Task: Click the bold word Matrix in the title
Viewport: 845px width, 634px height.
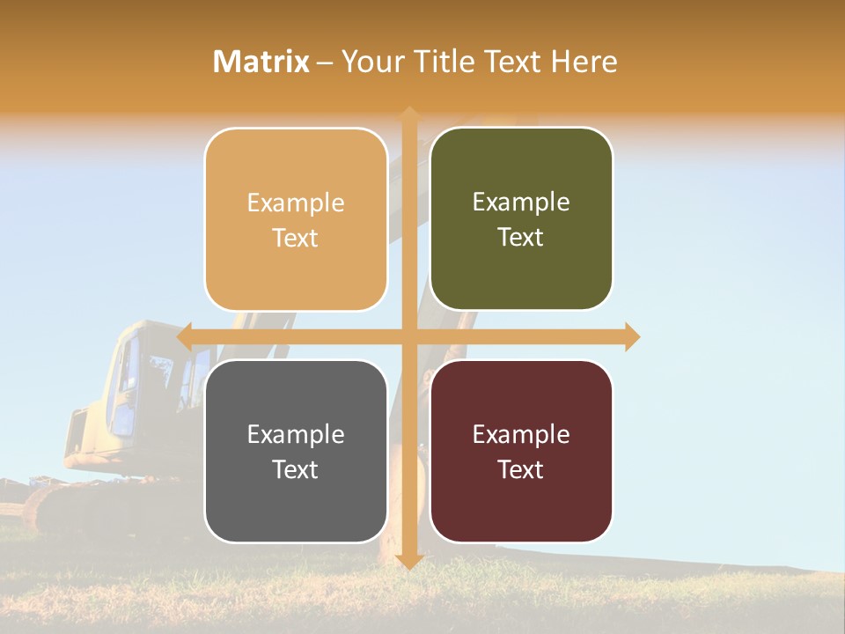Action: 261,62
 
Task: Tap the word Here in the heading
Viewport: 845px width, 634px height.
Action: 584,62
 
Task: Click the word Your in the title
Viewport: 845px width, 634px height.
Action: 369,62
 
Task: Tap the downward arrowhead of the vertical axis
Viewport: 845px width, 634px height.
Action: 408,562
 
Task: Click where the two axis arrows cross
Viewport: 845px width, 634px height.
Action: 408,336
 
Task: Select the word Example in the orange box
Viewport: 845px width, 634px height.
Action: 296,203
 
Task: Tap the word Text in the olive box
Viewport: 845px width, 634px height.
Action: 521,238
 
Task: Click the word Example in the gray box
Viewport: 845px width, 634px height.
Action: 296,434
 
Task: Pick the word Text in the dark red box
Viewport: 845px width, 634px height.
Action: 521,469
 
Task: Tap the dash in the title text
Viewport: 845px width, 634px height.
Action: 325,63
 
